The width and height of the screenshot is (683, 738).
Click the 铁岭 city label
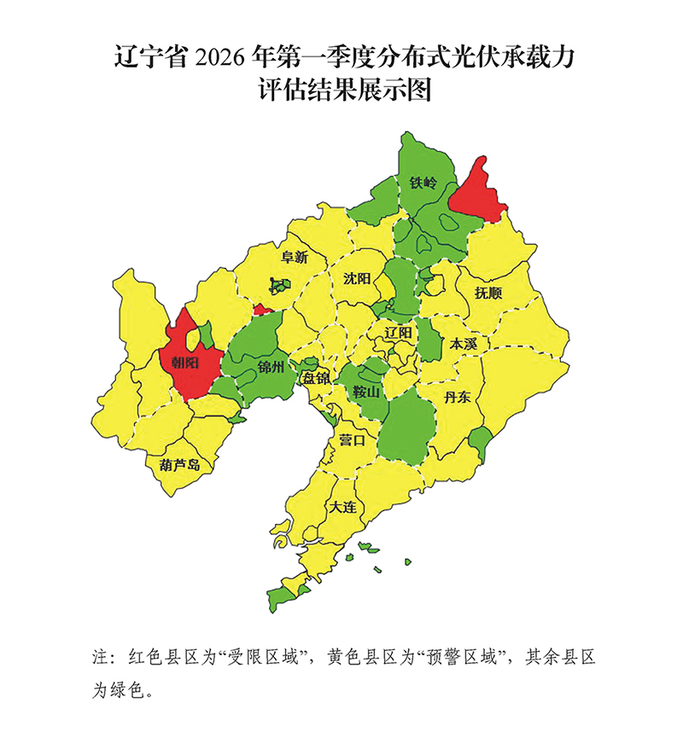pos(423,183)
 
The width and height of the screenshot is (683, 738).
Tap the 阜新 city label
pos(294,257)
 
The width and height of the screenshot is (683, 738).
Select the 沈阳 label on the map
pos(357,278)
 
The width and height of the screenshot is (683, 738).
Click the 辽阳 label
pos(399,331)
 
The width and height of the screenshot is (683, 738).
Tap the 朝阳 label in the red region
pos(185,363)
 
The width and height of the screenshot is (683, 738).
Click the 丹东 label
pos(458,396)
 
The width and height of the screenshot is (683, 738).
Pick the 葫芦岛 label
pos(180,465)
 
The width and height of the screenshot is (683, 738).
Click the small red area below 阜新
pos(262,310)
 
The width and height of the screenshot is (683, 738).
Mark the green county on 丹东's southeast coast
pos(479,443)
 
